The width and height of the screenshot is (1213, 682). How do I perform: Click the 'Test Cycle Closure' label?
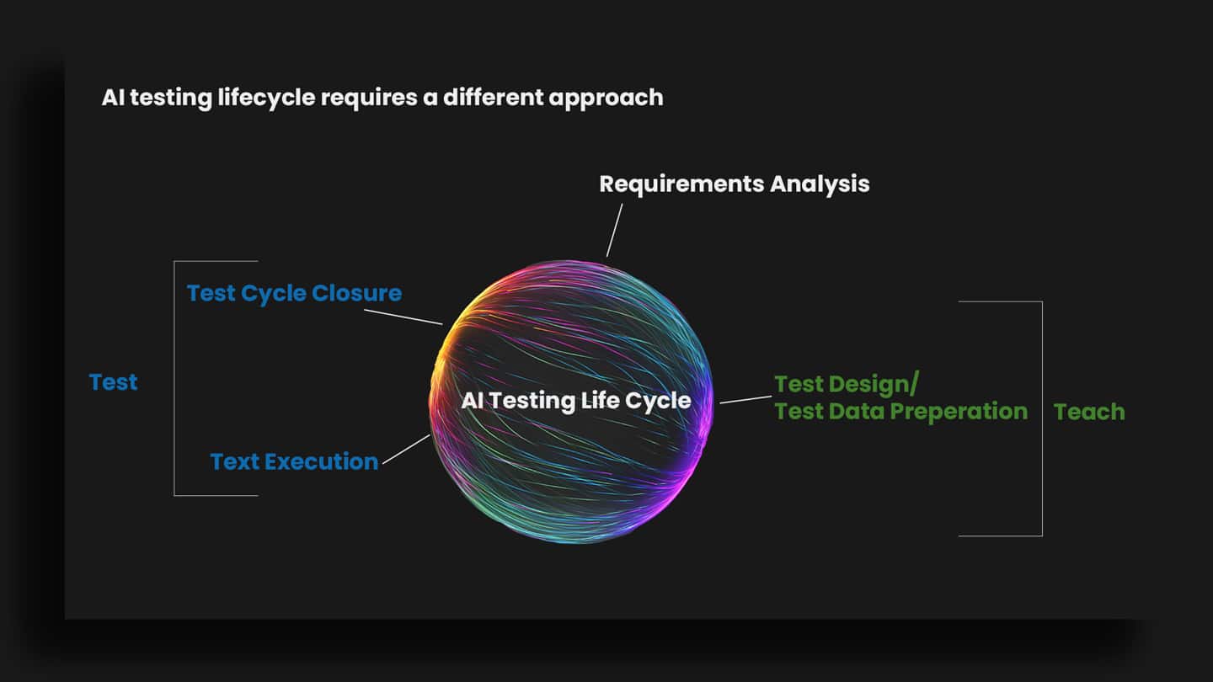[294, 293]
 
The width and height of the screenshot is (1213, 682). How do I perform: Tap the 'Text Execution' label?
[294, 461]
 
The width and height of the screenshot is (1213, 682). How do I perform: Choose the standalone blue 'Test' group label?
[113, 382]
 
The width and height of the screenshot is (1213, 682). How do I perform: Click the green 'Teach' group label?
[1089, 412]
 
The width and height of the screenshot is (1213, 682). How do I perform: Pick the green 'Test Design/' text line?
[846, 384]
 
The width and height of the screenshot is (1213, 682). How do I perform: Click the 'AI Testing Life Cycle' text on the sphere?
[575, 401]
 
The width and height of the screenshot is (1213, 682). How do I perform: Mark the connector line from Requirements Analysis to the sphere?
[614, 230]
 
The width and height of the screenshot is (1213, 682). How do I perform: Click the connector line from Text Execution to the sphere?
[406, 450]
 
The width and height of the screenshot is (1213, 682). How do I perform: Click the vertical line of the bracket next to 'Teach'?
[1042, 418]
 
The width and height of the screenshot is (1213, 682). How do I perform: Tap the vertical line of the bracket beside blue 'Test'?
[174, 378]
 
